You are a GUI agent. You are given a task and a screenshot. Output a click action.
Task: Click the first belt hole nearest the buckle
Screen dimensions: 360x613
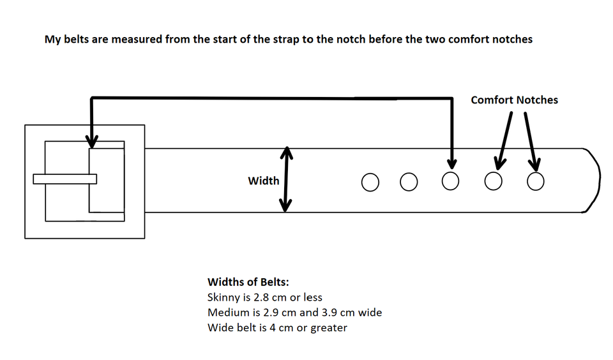point(369,183)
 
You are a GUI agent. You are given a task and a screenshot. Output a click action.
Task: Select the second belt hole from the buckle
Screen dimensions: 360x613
point(409,183)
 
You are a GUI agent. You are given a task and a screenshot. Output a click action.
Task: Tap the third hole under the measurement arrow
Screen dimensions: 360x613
point(451,182)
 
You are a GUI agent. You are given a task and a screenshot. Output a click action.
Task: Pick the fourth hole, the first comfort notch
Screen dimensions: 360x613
point(493,182)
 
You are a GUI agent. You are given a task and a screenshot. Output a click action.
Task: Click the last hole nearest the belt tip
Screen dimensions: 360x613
point(536,182)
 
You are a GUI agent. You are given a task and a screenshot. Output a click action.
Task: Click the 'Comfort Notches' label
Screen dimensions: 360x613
point(514,100)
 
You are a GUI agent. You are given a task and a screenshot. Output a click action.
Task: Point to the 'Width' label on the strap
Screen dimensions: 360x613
point(264,181)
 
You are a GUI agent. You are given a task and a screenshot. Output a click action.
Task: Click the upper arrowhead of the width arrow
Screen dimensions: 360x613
point(287,153)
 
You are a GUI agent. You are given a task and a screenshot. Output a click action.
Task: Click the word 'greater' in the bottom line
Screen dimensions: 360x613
point(328,329)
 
